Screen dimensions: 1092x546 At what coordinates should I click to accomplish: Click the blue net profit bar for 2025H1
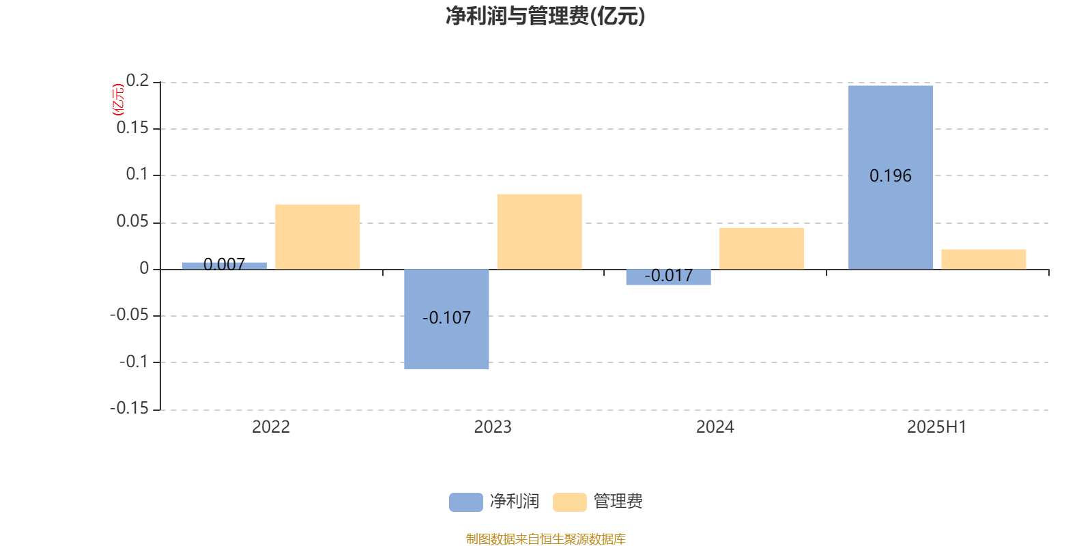coord(890,177)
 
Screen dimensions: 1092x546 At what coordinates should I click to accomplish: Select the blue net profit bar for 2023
coord(446,319)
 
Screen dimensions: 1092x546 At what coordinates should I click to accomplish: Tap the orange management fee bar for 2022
coord(317,237)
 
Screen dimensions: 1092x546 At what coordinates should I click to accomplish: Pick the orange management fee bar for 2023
coord(539,231)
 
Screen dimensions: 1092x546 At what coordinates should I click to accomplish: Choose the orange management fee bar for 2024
coord(762,248)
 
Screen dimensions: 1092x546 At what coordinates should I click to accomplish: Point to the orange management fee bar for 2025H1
coord(983,259)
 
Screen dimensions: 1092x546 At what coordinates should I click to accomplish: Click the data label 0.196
coord(890,176)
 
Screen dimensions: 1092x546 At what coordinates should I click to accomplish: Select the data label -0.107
coord(446,318)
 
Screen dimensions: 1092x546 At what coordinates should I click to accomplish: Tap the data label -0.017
coord(668,276)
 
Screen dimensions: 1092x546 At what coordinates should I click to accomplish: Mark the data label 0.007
coord(225,264)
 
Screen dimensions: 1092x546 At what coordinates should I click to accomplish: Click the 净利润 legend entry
coord(494,502)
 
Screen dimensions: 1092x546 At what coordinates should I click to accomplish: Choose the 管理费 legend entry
coord(598,502)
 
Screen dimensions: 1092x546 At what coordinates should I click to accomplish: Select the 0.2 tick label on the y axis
coord(137,81)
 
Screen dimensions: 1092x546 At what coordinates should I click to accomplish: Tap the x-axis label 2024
coord(715,427)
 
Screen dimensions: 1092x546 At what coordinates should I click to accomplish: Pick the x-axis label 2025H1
coord(936,427)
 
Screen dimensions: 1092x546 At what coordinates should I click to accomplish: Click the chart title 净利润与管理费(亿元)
coord(545,16)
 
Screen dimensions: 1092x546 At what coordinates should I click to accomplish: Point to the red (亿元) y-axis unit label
coord(118,100)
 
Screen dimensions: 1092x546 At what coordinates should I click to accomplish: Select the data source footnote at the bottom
coord(545,538)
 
